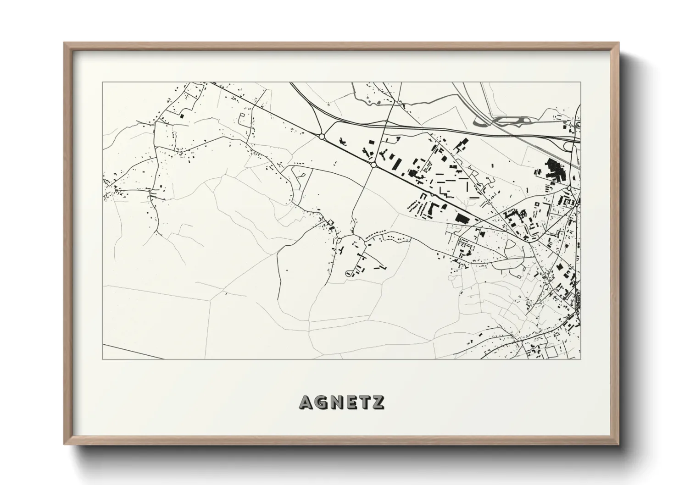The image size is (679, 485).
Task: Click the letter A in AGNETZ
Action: (x=306, y=402)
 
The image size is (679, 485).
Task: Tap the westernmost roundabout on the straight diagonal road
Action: (x=322, y=137)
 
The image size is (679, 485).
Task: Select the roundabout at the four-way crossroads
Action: (x=373, y=165)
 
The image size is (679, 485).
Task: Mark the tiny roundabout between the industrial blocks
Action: (x=432, y=195)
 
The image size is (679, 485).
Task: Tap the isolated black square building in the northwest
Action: (x=182, y=116)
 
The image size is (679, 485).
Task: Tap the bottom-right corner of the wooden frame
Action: (x=618, y=443)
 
